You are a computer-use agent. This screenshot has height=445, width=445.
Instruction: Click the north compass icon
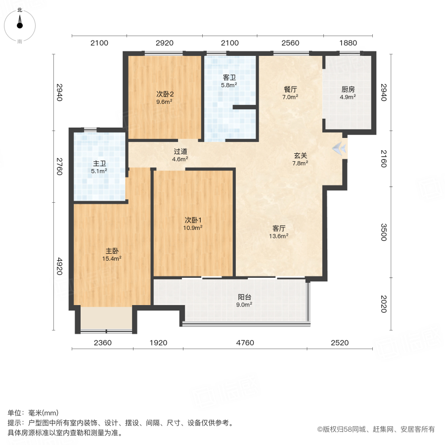pyautogui.click(x=20, y=22)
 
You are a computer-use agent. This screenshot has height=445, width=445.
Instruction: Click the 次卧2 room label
pyautogui.click(x=164, y=94)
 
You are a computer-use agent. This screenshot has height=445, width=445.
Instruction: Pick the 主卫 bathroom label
pyautogui.click(x=99, y=164)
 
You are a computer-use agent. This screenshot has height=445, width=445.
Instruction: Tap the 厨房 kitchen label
pyautogui.click(x=348, y=89)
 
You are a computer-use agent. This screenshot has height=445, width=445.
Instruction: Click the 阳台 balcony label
pyautogui.click(x=244, y=297)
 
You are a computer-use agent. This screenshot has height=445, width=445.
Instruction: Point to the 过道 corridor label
pyautogui.click(x=180, y=152)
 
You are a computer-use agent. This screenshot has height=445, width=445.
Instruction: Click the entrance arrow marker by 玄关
pyautogui.click(x=339, y=147)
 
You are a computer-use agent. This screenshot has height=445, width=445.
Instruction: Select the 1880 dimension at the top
pyautogui.click(x=348, y=43)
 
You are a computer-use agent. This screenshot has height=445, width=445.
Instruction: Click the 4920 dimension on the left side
pyautogui.click(x=59, y=266)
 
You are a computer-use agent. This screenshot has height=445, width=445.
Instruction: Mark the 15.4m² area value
pyautogui.click(x=112, y=258)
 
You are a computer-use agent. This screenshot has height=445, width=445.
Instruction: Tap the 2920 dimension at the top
pyautogui.click(x=164, y=43)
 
